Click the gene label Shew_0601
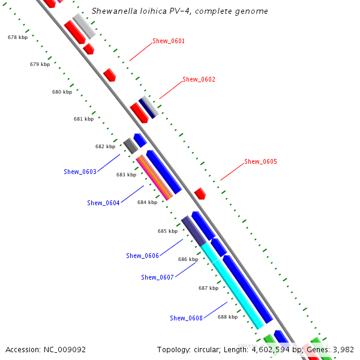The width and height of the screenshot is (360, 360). pos(169,41)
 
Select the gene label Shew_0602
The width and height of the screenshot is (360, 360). pos(199,79)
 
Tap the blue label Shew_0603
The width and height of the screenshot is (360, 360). pos(80,172)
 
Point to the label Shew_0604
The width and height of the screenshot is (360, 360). pos(103,203)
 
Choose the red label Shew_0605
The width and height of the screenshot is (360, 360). pos(260,161)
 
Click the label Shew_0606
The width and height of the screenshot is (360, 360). pos(142,256)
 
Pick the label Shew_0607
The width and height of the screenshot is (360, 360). pos(157,277)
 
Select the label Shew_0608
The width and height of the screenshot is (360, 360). pos(186,318)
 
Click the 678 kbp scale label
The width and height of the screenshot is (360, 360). pos(17,37)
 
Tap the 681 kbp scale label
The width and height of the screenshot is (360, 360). pos(83,119)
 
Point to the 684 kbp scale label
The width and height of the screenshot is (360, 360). pos(147,202)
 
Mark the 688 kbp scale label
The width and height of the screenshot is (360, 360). pos(227,317)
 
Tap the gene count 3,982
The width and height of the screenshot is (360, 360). pos(342,349)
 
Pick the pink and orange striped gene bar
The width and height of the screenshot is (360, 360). pos(154,178)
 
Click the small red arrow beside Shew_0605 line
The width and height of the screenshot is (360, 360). pos(200,194)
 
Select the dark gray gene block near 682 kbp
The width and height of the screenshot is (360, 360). pos(130,145)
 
